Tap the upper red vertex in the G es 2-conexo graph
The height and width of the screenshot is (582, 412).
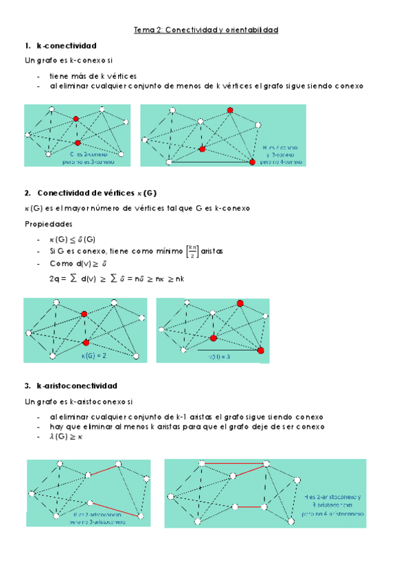[x=76, y=119]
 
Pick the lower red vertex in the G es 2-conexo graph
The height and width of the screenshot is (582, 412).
[x=78, y=143]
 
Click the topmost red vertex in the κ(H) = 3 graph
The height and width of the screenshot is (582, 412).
[x=240, y=303]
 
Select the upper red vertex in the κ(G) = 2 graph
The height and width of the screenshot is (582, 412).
[x=84, y=314]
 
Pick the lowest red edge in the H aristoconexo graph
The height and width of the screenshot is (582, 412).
[x=249, y=507]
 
